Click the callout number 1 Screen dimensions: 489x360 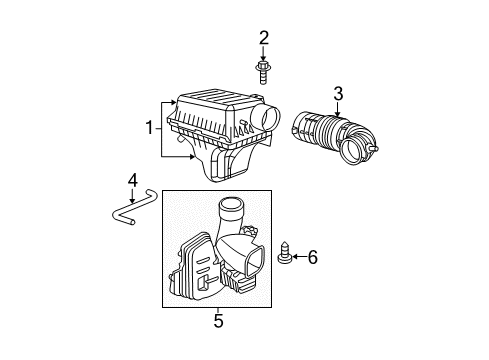pos(151,128)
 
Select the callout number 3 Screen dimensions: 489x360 pos(339,94)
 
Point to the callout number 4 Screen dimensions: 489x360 pos(132,180)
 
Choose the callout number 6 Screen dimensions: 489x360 pos(311,258)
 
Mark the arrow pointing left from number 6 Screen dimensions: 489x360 pos(295,258)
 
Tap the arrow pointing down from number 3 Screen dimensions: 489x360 pos(339,109)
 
